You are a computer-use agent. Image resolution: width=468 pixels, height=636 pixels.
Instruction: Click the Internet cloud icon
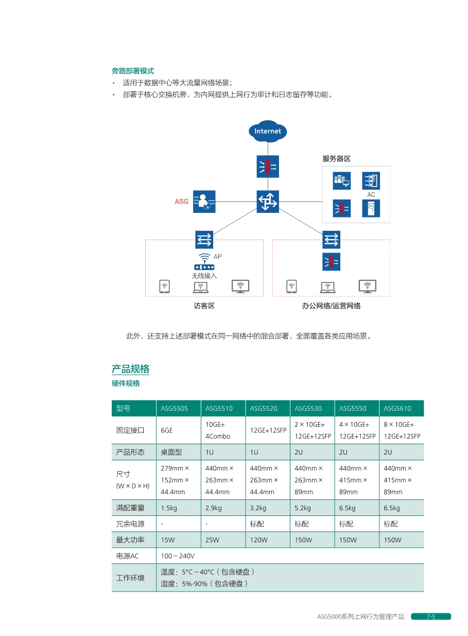click(x=268, y=131)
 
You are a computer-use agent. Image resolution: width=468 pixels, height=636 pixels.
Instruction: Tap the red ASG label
click(x=182, y=202)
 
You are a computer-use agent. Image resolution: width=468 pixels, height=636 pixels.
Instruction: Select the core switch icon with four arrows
click(x=268, y=202)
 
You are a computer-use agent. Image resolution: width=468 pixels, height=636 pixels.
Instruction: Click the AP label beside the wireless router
click(x=218, y=256)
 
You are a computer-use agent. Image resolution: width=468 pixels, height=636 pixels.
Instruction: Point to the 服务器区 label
click(x=336, y=158)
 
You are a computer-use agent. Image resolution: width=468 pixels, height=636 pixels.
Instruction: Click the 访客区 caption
click(x=204, y=306)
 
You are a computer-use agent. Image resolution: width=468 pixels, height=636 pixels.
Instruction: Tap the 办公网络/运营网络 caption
click(x=331, y=306)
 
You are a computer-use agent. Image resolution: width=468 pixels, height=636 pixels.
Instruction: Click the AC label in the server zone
click(x=371, y=194)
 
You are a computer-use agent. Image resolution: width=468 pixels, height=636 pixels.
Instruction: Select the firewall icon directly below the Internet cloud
click(x=268, y=166)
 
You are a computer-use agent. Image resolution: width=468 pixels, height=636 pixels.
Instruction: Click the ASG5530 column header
click(x=308, y=408)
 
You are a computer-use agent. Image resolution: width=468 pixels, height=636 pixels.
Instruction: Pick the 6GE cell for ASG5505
click(x=166, y=430)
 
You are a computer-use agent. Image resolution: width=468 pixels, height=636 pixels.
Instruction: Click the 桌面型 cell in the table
click(x=171, y=452)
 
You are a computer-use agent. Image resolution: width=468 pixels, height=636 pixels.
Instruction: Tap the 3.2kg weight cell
click(x=258, y=508)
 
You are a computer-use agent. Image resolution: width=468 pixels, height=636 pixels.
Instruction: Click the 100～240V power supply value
click(x=178, y=556)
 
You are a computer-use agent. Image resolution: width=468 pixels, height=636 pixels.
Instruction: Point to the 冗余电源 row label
click(x=130, y=524)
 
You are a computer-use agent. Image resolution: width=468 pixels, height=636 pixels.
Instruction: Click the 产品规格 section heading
click(x=130, y=369)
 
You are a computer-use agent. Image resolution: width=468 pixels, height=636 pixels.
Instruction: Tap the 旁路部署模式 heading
click(x=133, y=71)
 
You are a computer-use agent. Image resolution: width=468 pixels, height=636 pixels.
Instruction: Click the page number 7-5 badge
click(x=431, y=616)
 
